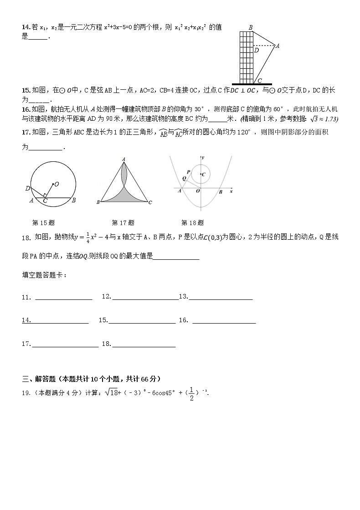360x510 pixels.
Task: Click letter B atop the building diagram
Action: point(250,28)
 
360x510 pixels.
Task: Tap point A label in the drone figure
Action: point(278,46)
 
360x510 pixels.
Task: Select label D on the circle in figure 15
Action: point(27,188)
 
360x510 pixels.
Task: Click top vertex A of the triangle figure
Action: point(123,159)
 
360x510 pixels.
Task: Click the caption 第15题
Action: point(43,223)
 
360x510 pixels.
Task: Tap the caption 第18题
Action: point(192,223)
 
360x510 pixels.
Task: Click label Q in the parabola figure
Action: point(184,178)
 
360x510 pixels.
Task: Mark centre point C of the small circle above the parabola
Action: point(202,174)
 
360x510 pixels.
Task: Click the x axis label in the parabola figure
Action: point(231,191)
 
